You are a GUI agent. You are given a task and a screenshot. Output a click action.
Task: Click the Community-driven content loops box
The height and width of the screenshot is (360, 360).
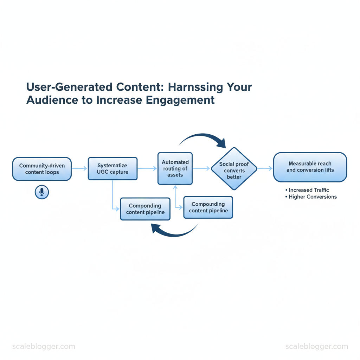(42, 169)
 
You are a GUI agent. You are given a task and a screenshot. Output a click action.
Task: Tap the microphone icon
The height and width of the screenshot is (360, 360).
(42, 192)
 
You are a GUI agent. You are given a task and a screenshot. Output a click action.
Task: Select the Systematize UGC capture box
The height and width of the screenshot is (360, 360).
(112, 169)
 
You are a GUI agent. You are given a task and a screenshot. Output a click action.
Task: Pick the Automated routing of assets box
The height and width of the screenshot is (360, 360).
(175, 168)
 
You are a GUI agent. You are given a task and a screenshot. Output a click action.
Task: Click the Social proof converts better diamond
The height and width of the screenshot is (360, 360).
(234, 169)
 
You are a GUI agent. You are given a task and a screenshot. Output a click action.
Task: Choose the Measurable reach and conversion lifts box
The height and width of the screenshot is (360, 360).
(310, 167)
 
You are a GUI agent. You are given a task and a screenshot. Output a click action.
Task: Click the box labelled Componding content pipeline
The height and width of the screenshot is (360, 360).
(145, 209)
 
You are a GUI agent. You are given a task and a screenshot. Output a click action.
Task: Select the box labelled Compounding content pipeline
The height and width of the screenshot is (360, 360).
(208, 207)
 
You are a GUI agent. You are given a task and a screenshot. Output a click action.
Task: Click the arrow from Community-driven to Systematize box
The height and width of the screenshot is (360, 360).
(79, 169)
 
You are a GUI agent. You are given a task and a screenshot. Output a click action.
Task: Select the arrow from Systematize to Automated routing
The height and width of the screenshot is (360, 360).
(147, 169)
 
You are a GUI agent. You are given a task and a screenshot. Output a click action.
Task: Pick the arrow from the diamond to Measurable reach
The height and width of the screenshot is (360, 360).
(265, 169)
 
